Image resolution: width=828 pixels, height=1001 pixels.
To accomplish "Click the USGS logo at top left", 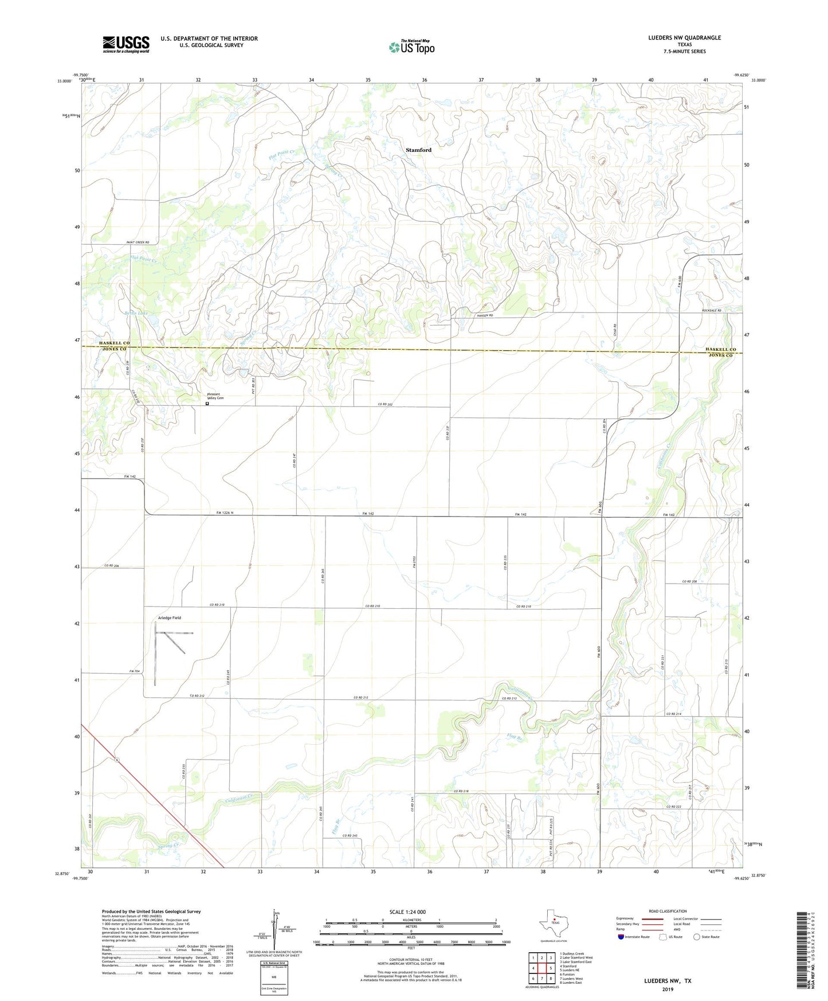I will point(125,44).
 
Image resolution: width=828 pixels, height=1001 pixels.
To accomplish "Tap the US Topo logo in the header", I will point(411,47).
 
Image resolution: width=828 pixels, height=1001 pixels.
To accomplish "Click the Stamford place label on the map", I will point(418,150).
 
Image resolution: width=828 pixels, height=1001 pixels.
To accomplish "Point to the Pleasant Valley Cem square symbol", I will point(207,404).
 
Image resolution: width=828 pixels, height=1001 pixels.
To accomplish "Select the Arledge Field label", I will point(169,617).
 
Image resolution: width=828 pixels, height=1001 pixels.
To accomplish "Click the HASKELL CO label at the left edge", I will point(114,343).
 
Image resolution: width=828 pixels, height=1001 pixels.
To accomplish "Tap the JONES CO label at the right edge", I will point(720,355).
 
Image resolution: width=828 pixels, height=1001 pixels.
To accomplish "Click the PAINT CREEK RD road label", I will point(138,243).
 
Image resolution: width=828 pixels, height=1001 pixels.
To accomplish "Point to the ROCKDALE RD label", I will point(711,311).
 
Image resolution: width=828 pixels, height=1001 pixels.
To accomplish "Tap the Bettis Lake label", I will point(136,314).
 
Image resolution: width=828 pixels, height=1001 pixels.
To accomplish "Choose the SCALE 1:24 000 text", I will point(407,912).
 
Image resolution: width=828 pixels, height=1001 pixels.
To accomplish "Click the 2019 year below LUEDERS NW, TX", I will point(668,989).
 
